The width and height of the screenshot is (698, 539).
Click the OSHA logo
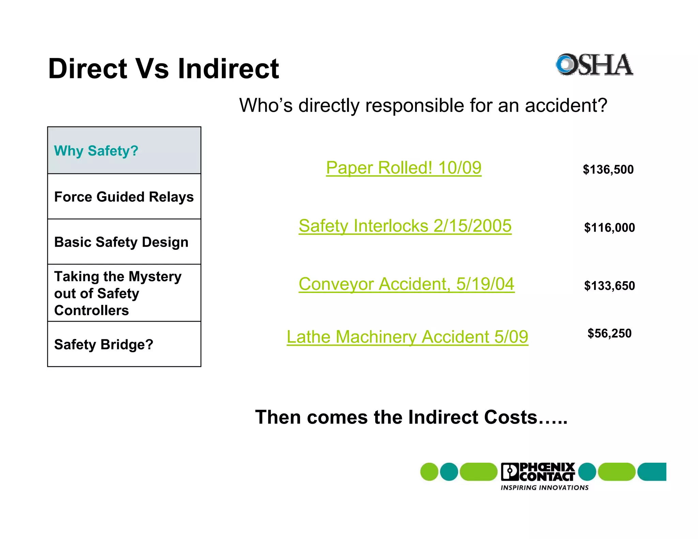594,64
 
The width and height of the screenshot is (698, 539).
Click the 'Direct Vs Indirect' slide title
164,68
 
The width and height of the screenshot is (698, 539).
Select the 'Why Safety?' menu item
96,151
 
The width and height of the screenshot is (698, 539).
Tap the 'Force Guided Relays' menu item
124,197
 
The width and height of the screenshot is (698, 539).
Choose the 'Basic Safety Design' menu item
121,242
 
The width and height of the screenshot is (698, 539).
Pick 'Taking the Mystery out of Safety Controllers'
118,293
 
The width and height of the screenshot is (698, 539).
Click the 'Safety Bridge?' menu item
104,344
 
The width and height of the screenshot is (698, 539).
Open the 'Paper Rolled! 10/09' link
404,168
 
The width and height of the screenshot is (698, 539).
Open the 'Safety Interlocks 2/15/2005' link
405,226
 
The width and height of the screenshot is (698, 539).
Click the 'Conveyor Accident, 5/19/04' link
406,284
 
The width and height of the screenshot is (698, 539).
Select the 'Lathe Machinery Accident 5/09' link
407,337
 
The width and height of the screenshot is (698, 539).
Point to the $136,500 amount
608,169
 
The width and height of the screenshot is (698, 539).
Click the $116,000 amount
609,227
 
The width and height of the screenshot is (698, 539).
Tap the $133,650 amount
609,286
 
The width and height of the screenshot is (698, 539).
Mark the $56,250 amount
609,333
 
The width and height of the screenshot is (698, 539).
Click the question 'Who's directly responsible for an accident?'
423,105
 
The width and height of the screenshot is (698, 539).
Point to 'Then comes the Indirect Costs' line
411,417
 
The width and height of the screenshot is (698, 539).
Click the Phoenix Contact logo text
538,472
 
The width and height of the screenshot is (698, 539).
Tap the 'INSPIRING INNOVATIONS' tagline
544,488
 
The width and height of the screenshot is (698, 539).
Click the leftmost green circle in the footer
429,472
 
